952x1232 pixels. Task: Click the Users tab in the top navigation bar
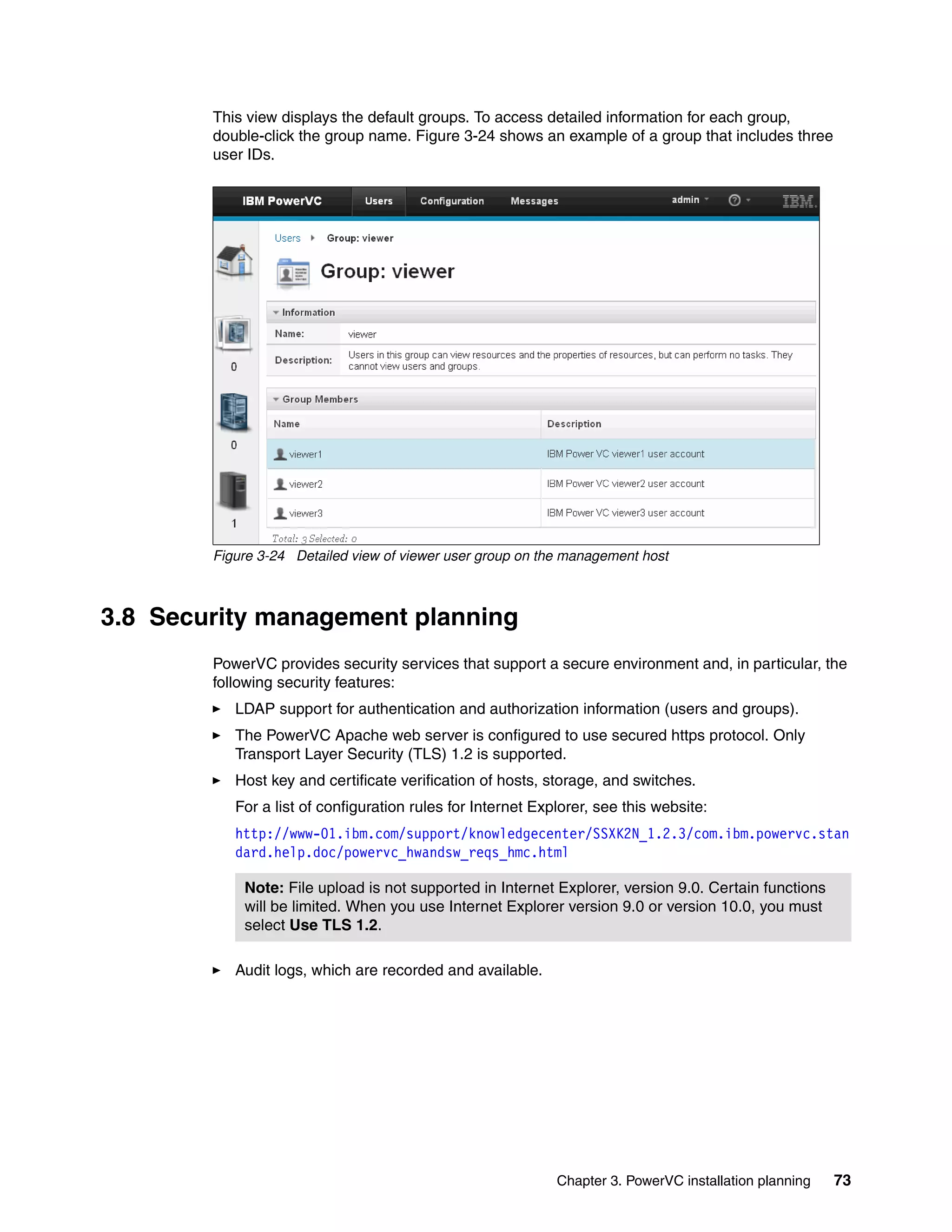(x=378, y=201)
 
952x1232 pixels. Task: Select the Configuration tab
(x=452, y=201)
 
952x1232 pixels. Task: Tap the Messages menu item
(x=534, y=201)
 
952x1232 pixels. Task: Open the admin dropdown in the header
(x=690, y=200)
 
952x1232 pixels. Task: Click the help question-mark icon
(x=734, y=200)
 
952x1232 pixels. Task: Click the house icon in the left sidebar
(x=235, y=261)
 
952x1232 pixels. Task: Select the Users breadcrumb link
(x=288, y=238)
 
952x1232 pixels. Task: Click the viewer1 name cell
(x=305, y=454)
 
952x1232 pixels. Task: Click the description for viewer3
(x=625, y=513)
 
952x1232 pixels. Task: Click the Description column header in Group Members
(x=574, y=424)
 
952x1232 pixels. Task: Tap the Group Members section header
(x=320, y=399)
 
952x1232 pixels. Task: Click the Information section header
(x=308, y=312)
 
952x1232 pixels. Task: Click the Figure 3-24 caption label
(x=249, y=556)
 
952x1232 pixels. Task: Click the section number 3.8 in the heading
(x=118, y=616)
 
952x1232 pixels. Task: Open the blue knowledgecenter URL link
(x=542, y=834)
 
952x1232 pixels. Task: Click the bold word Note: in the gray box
(x=264, y=888)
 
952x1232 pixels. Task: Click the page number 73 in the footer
(x=842, y=1180)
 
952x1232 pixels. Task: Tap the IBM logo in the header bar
(x=799, y=201)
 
